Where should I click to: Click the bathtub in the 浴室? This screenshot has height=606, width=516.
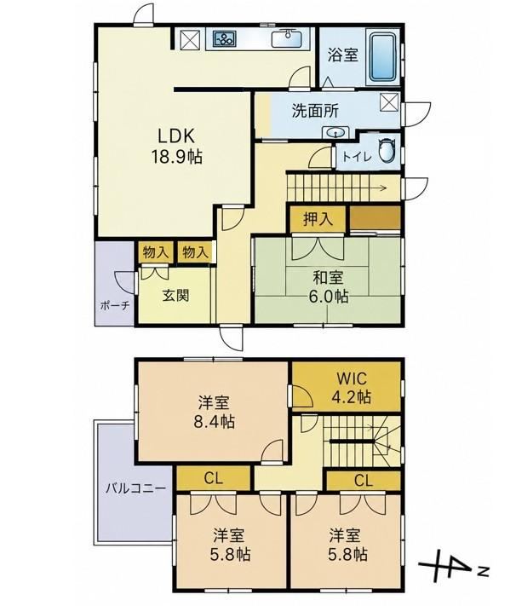pos(383,57)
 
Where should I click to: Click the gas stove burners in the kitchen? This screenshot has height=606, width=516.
pos(224,38)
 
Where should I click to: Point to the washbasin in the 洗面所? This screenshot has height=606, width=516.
pos(336,133)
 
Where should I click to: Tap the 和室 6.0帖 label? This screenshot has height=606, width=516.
pos(328,286)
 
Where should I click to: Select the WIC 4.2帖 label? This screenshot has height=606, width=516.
pos(351,387)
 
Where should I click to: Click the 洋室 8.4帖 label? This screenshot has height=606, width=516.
pos(215,412)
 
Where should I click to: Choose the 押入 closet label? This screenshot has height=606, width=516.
pos(318,220)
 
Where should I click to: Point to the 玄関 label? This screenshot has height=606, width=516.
pos(175,296)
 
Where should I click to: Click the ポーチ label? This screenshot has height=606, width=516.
pos(114,306)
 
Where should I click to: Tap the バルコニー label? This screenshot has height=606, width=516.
pos(136,488)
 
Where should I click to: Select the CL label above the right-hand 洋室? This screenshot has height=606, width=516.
pos(364,481)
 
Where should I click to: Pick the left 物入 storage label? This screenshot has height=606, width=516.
pos(155,252)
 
